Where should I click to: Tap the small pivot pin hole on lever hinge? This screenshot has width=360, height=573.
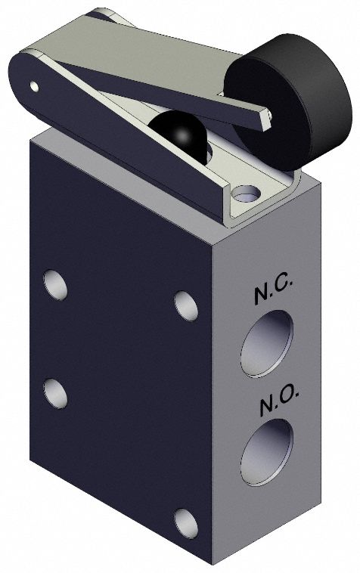35,86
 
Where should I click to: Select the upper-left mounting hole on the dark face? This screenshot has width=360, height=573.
55,286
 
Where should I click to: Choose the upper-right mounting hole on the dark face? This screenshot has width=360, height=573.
185,305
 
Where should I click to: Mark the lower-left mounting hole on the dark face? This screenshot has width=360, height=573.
55,392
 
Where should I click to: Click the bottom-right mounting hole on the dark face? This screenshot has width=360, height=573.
185,522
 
